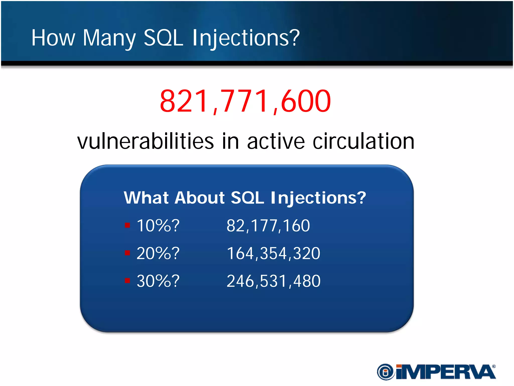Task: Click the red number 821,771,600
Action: coord(245,101)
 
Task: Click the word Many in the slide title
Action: coord(109,38)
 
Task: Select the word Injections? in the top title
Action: coord(246,38)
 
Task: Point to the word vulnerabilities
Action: coord(146,141)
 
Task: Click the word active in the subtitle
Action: coord(276,141)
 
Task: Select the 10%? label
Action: coord(158,225)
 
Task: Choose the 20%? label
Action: coord(158,253)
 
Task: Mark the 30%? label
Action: coord(158,281)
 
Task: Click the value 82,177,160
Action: coord(268,225)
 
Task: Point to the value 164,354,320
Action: coord(273,253)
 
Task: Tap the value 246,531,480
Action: coord(273,281)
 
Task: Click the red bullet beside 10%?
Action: coord(127,225)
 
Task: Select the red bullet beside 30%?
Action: coord(127,280)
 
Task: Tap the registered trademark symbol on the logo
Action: coord(494,366)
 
